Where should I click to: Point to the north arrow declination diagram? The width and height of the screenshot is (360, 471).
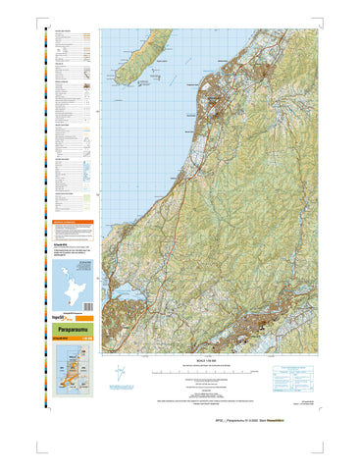pos(120,376)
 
